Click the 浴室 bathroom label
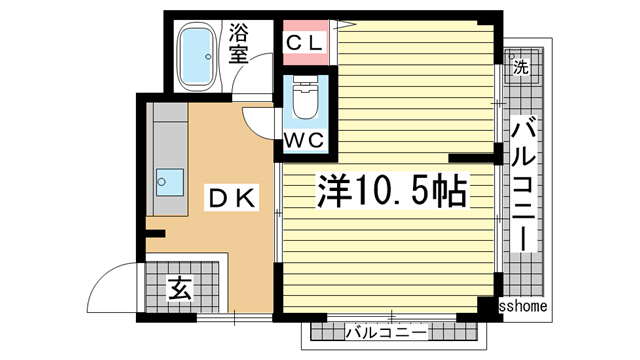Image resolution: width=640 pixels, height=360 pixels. [x=238, y=44]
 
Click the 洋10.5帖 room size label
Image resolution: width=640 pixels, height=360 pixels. [x=392, y=190]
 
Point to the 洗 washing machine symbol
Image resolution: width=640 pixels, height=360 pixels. [x=520, y=68]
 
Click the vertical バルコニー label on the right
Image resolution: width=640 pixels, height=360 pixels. [x=524, y=185]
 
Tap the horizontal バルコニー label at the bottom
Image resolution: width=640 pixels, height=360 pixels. [x=386, y=331]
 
